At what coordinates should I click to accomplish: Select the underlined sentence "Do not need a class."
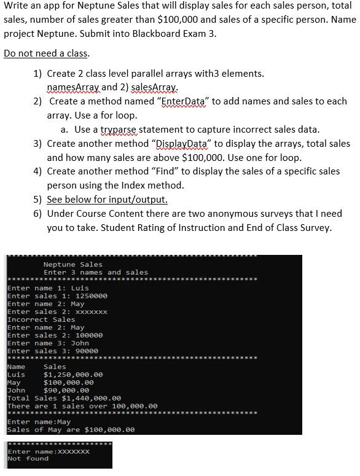[x=47, y=53]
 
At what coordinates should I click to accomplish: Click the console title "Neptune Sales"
[x=73, y=265]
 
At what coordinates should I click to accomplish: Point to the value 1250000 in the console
[x=91, y=296]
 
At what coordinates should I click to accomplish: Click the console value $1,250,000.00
[x=73, y=375]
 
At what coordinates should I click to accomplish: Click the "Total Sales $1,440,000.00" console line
[x=64, y=398]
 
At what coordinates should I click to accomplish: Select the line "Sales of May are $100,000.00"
[x=71, y=430]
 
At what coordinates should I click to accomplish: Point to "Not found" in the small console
[x=28, y=459]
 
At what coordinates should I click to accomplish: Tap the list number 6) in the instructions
[x=38, y=214]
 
